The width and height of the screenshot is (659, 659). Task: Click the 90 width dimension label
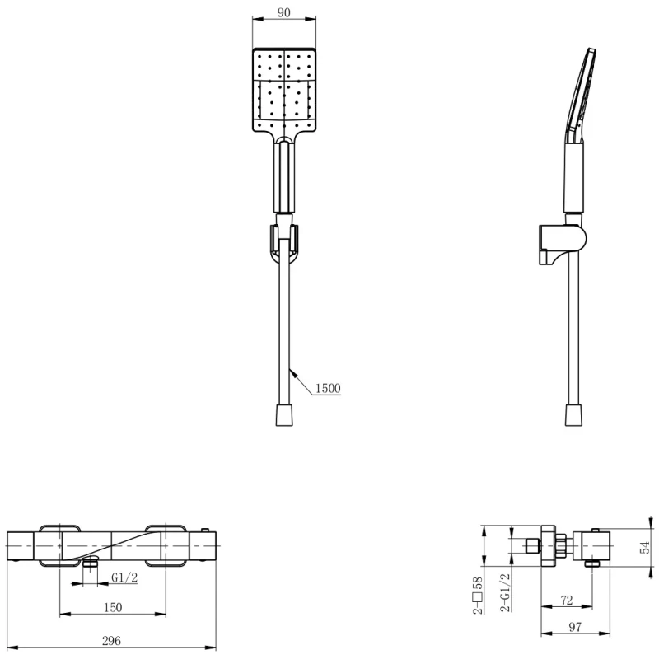[283, 12]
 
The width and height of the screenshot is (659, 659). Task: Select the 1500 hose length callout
[328, 388]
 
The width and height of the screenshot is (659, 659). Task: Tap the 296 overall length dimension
[111, 641]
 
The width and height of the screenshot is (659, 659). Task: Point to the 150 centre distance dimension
[113, 607]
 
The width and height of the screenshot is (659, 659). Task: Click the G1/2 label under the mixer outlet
[124, 577]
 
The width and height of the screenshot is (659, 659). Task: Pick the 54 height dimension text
[645, 547]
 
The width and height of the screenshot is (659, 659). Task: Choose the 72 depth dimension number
[567, 600]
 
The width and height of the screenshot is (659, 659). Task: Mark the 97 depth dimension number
[574, 627]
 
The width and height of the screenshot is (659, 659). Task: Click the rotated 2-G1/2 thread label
[506, 592]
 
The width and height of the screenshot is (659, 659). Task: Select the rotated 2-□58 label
[479, 595]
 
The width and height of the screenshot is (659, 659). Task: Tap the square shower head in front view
[284, 90]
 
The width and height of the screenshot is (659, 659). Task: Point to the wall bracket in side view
[563, 245]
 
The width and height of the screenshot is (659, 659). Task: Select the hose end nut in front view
[284, 415]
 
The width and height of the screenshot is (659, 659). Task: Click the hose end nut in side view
[574, 415]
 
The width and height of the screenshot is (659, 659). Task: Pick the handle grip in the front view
[284, 177]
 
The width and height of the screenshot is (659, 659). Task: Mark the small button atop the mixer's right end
[206, 530]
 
